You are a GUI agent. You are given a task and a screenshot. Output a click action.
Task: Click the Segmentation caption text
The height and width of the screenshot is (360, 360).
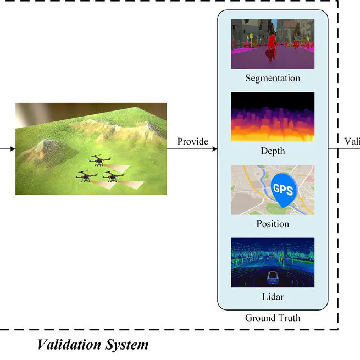click(273, 78)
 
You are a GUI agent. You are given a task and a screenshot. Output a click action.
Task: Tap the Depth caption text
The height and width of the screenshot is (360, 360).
click(273, 151)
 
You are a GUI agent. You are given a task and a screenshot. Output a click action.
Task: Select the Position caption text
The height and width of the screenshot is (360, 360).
click(273, 224)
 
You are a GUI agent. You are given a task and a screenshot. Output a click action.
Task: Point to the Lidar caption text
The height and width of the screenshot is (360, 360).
click(273, 297)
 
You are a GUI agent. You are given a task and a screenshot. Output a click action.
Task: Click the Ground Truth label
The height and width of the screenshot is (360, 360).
click(273, 318)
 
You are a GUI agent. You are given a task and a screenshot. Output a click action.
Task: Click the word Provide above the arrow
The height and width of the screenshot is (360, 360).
click(192, 141)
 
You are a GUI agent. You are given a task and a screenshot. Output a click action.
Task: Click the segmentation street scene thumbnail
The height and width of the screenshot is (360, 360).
click(273, 44)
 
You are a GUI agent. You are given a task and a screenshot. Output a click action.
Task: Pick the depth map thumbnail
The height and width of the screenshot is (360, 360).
click(273, 117)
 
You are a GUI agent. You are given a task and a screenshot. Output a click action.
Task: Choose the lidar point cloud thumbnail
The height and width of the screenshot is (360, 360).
click(273, 263)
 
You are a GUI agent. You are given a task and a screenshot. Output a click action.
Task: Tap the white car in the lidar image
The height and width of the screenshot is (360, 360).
click(271, 278)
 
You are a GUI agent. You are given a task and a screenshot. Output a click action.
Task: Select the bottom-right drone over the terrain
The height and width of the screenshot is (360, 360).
click(113, 177)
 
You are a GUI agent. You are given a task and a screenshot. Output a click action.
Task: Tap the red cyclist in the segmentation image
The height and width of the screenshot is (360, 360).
click(270, 47)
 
